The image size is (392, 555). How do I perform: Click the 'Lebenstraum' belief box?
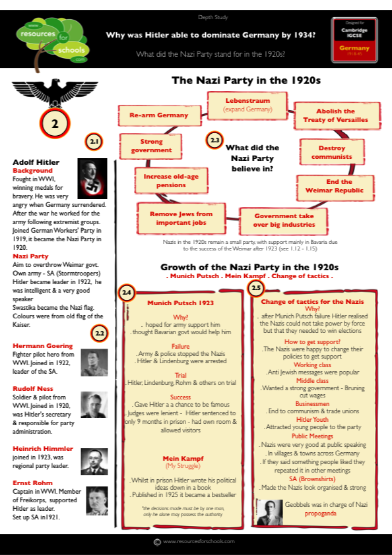click(247, 104)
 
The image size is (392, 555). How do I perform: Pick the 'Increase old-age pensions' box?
click(166, 182)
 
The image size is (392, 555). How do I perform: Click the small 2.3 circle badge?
click(214, 140)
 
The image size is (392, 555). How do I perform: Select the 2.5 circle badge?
click(255, 287)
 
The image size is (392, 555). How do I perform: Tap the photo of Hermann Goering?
click(94, 363)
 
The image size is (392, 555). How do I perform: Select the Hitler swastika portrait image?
click(91, 178)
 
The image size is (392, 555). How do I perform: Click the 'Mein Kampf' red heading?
click(183, 458)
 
